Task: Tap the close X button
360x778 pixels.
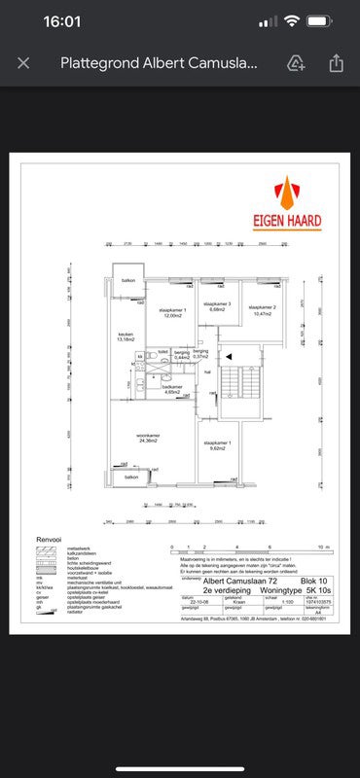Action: (24, 63)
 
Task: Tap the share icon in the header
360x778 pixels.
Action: (336, 63)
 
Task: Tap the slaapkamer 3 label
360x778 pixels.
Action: (217, 307)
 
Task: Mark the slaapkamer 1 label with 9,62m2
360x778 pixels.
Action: (217, 445)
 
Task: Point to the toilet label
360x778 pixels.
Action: (162, 350)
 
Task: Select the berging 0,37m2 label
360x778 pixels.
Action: (200, 354)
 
